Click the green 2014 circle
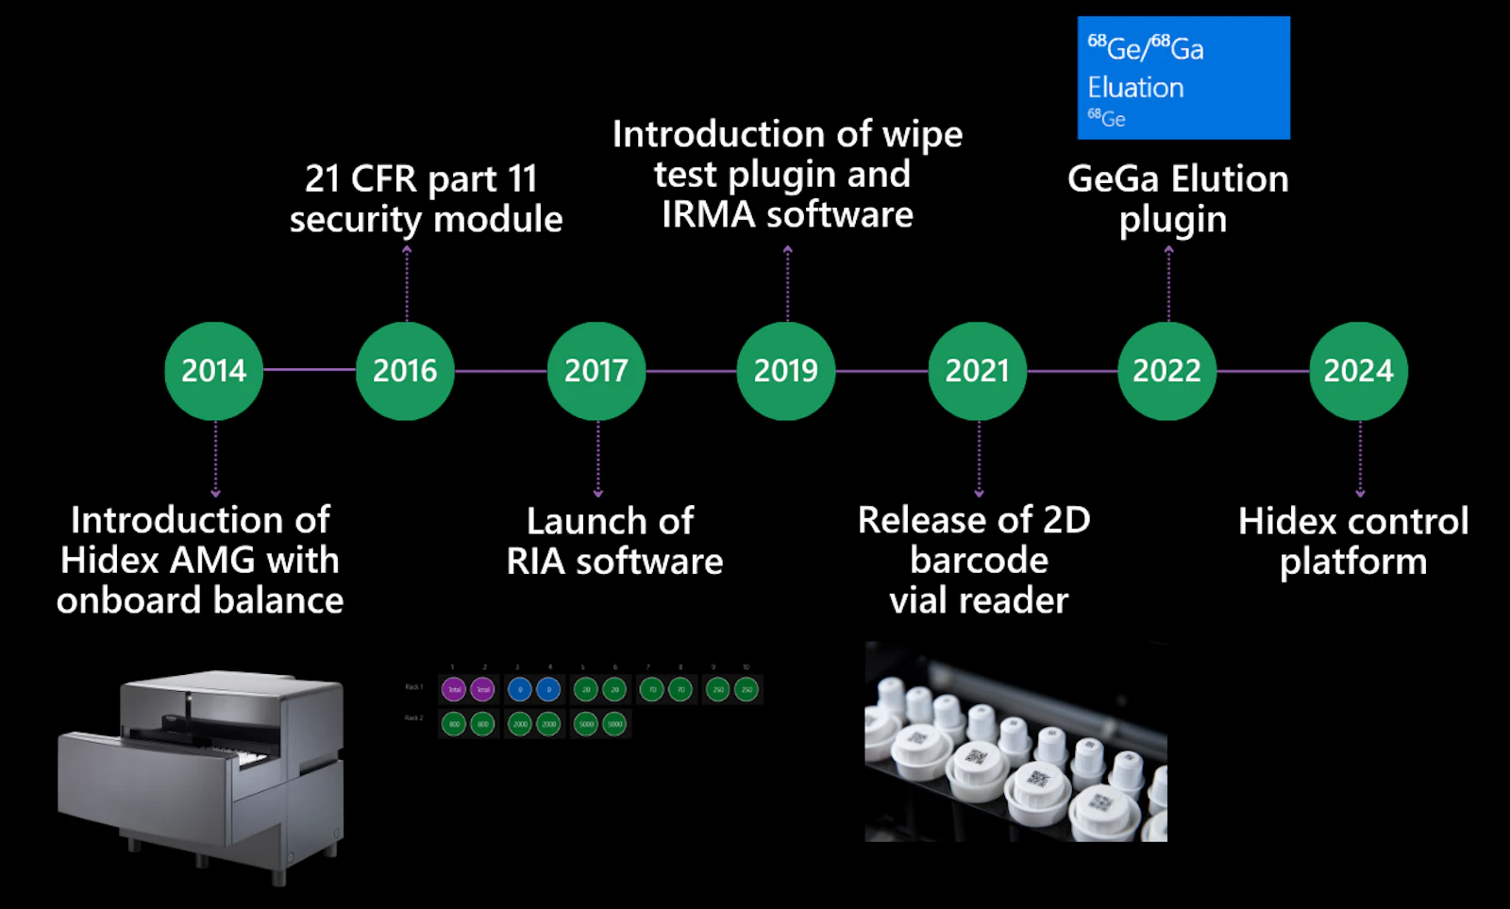click(214, 371)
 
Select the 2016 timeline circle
click(405, 371)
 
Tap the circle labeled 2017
click(596, 371)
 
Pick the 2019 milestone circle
click(786, 371)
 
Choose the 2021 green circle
click(978, 371)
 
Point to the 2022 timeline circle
click(1167, 371)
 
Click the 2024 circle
click(1359, 371)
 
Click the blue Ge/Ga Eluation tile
click(1183, 78)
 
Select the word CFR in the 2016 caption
click(384, 179)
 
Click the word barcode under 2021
click(979, 561)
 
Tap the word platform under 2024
click(1353, 563)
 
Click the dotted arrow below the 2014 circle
click(216, 459)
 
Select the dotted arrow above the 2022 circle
click(1168, 283)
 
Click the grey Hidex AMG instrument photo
click(201, 774)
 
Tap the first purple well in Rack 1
click(454, 690)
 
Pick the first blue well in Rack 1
click(519, 690)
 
